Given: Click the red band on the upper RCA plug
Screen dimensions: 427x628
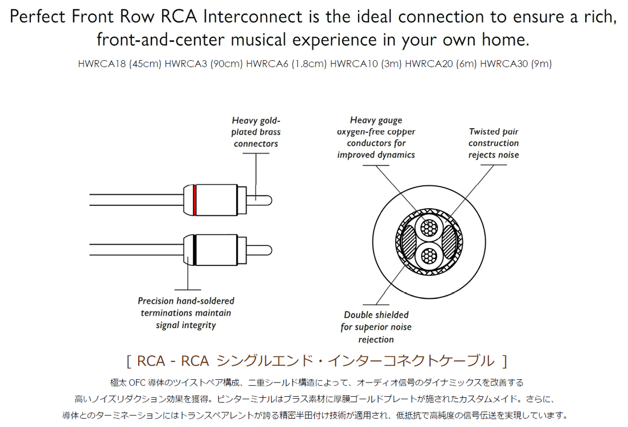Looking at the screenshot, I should (194, 200).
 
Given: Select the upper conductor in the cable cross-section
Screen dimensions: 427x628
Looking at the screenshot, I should (429, 228).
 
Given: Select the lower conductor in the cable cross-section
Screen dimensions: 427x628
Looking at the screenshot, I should (429, 256).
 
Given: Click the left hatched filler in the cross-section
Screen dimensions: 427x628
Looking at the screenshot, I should (409, 242).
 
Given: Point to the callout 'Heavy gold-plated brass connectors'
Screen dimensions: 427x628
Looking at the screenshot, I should (256, 132).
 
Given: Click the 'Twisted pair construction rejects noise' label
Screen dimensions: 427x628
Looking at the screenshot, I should (494, 143).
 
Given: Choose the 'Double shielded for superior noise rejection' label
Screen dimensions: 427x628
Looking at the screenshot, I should (376, 327).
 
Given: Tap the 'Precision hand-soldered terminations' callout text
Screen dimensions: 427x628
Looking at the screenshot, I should (186, 313).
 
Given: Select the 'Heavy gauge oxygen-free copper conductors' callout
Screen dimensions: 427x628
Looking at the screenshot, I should (376, 138).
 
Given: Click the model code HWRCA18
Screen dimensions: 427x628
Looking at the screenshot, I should (102, 64).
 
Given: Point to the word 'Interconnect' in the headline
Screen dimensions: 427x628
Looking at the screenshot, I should (252, 17).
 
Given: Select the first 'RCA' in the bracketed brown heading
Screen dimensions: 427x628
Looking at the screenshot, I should (151, 361).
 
